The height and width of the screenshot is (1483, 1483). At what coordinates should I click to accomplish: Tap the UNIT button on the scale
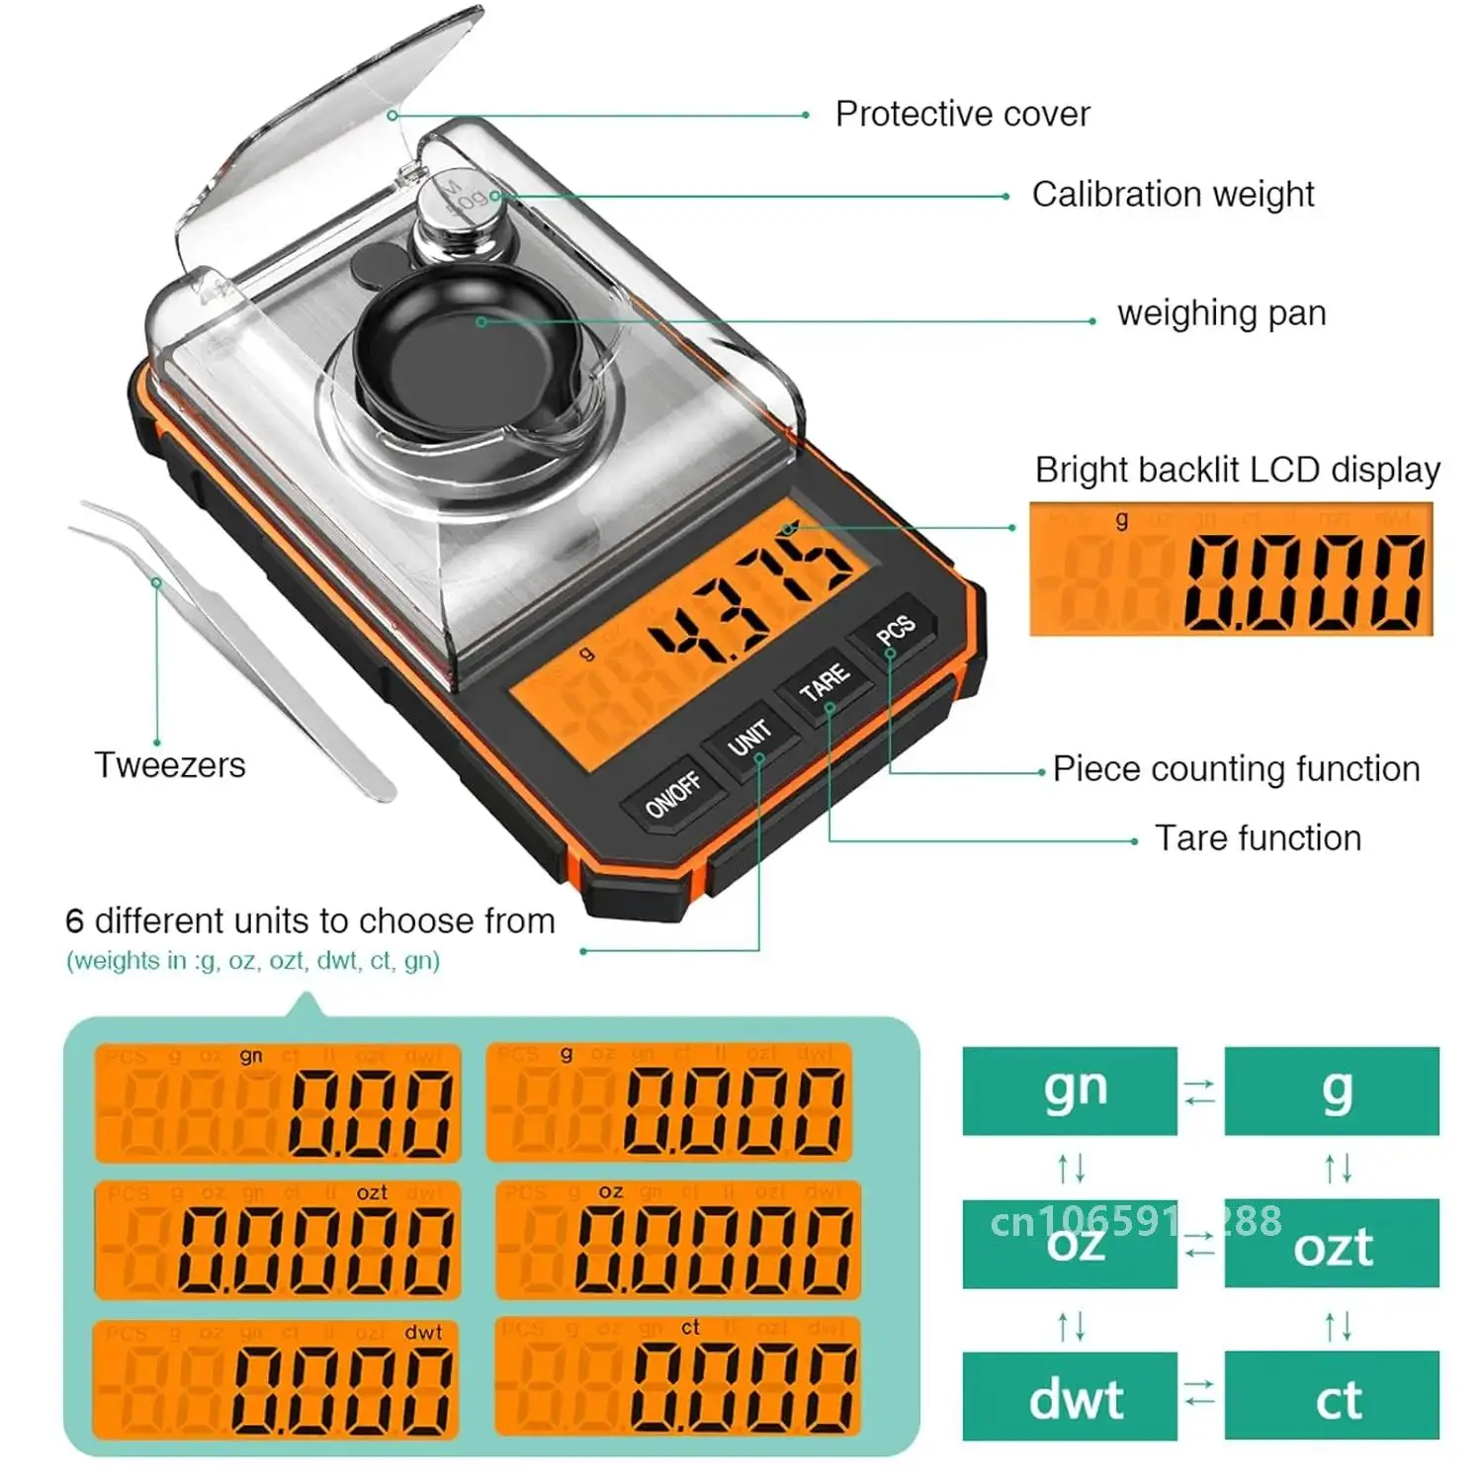(749, 737)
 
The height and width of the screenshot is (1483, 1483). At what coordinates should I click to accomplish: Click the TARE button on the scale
(824, 681)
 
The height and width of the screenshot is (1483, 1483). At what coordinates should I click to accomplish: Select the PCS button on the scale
(895, 629)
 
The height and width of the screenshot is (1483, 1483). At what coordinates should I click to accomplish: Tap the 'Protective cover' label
(961, 114)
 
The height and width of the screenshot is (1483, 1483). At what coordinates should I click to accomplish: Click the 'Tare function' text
(1258, 838)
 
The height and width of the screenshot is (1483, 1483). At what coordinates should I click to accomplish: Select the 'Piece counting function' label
(1236, 769)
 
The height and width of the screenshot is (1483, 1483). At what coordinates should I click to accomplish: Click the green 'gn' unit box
(1070, 1090)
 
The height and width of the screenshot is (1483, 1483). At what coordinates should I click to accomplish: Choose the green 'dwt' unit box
(1070, 1396)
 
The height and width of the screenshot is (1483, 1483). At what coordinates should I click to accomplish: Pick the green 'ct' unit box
(1332, 1396)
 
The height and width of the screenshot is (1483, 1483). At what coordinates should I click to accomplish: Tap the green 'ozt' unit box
(1332, 1244)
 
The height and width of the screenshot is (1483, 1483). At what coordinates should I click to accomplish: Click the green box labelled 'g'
(1332, 1090)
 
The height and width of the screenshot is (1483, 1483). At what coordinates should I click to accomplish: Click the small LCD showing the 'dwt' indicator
(277, 1379)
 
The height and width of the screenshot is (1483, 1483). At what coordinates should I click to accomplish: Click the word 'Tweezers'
(170, 765)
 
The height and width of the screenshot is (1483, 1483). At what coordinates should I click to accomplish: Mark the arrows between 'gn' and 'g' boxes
(1200, 1091)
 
